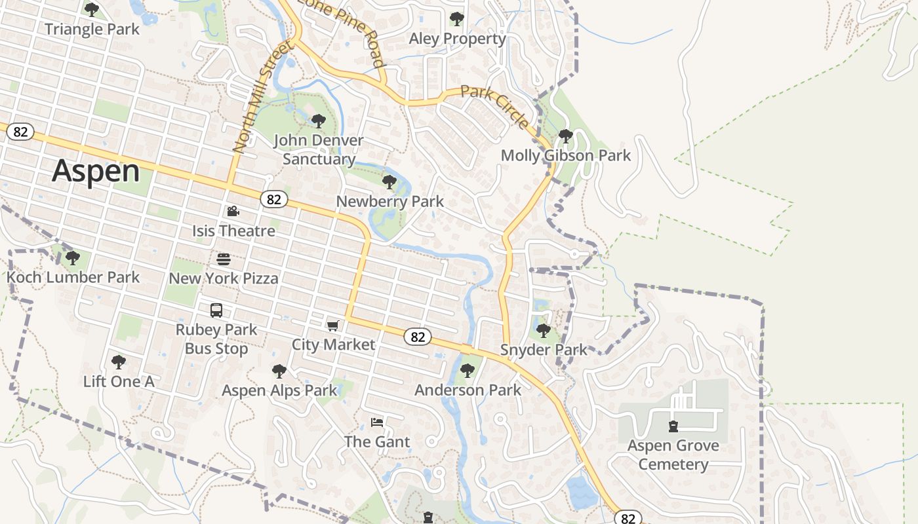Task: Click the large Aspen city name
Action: click(x=96, y=171)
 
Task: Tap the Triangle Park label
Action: click(x=92, y=29)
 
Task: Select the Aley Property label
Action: click(x=457, y=39)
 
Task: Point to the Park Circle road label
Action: click(x=494, y=107)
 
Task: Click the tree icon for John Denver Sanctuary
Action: click(x=318, y=121)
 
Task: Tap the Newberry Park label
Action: click(x=389, y=202)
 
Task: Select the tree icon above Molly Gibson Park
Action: click(x=565, y=136)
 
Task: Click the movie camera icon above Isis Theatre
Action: click(x=233, y=211)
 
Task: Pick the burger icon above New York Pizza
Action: click(x=224, y=259)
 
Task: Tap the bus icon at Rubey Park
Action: click(x=216, y=310)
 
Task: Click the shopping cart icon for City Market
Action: click(x=333, y=326)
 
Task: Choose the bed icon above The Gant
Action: click(x=376, y=422)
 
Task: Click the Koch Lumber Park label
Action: click(x=73, y=277)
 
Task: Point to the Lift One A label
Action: click(x=119, y=381)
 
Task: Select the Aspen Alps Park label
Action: click(x=279, y=390)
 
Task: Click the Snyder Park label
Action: click(x=544, y=350)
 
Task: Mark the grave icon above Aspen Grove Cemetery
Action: click(x=673, y=426)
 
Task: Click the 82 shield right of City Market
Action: click(x=418, y=337)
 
